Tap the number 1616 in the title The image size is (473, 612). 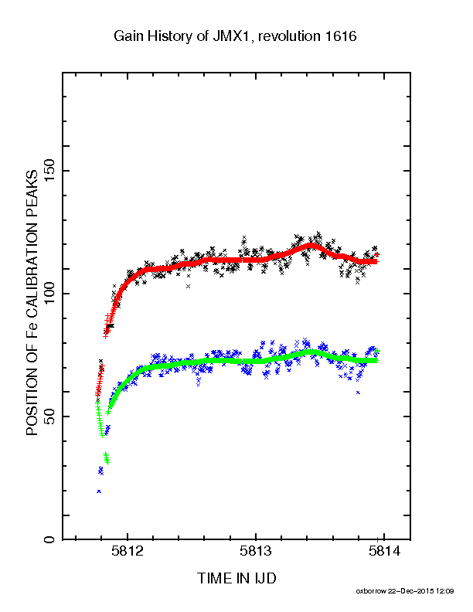click(x=340, y=36)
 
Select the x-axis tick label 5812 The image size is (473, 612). click(x=128, y=551)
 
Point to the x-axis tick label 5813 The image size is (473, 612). click(x=256, y=551)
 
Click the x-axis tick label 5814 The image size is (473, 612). click(x=384, y=551)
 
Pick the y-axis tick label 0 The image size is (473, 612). click(x=49, y=540)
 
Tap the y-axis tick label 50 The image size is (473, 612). click(x=49, y=416)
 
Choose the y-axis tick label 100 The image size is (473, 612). click(x=49, y=294)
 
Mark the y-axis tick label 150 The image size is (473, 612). click(x=49, y=171)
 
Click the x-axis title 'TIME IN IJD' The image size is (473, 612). click(x=237, y=578)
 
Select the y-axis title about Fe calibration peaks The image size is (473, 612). click(x=32, y=302)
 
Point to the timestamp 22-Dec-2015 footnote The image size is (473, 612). click(x=420, y=591)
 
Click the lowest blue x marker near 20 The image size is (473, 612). click(x=99, y=491)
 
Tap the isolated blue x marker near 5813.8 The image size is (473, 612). click(x=358, y=393)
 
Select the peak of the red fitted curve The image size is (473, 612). click(x=311, y=245)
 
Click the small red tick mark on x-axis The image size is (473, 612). click(x=378, y=539)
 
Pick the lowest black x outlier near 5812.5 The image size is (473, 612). click(x=188, y=286)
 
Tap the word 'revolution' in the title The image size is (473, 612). click(x=289, y=36)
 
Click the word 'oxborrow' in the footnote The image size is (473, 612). click(x=371, y=591)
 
